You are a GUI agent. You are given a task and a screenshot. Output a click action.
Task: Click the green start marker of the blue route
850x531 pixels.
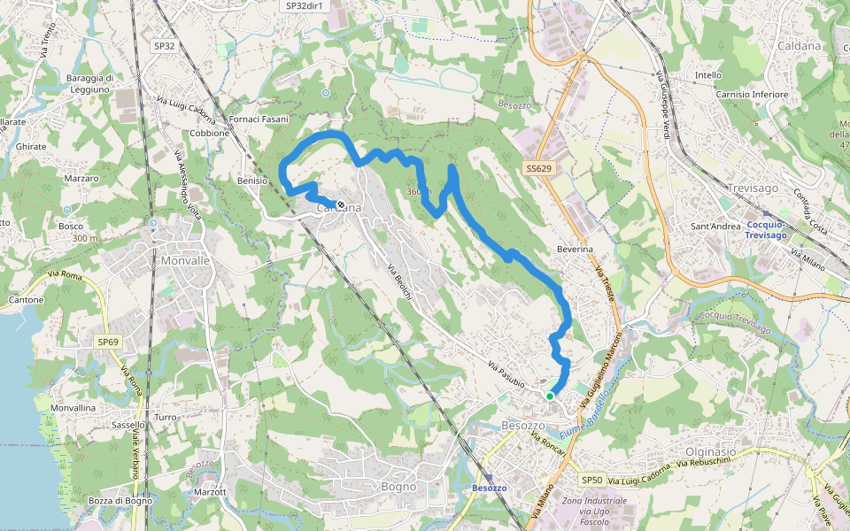(x=550, y=396)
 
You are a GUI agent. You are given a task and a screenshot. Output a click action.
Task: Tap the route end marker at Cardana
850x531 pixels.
(x=340, y=204)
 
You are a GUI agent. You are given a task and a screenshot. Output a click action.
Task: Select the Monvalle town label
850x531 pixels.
(x=186, y=261)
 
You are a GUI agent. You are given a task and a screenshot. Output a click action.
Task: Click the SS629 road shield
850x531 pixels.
(x=538, y=168)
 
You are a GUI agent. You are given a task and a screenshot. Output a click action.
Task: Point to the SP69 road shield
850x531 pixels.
(x=108, y=342)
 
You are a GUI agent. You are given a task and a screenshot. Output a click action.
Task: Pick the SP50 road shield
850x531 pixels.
(x=591, y=480)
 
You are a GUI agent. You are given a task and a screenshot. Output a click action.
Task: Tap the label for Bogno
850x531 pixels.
(x=398, y=486)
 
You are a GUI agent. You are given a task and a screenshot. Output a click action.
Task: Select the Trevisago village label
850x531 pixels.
(x=752, y=189)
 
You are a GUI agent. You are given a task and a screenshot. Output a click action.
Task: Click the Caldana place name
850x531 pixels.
(x=799, y=46)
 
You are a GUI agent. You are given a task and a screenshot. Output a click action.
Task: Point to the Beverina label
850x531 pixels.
(x=575, y=250)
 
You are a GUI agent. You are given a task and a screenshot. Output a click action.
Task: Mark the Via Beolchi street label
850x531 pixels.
(x=399, y=281)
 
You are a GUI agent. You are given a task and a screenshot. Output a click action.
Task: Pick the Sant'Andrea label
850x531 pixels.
(x=715, y=227)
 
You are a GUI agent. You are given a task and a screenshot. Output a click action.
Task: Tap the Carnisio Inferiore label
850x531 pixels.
(x=752, y=94)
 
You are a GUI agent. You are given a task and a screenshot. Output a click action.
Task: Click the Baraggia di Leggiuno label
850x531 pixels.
(x=89, y=83)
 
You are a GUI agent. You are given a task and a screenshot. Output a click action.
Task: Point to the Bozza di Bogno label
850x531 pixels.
(x=120, y=501)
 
